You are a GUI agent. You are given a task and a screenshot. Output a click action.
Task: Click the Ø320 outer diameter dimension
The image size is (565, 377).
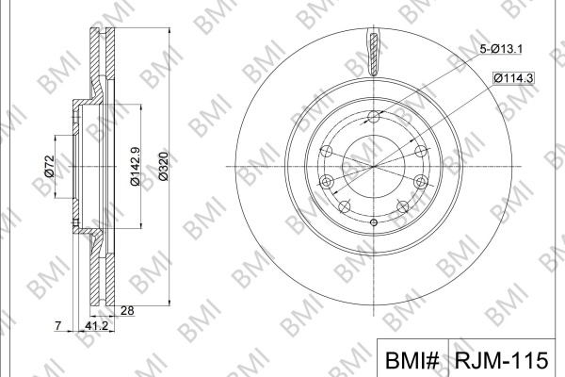coord(164,166)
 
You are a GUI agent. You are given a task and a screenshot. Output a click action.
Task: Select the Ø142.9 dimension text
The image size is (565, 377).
coord(135,166)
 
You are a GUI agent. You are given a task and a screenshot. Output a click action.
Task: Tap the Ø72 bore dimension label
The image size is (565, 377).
coord(49,166)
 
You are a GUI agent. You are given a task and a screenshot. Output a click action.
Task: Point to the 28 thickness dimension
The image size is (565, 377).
coord(127,311)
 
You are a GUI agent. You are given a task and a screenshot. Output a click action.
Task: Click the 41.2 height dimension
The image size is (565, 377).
coord(97,326)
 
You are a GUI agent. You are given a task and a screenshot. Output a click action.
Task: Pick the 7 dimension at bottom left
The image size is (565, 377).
coord(58,326)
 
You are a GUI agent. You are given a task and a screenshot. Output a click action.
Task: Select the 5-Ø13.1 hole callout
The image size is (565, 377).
coord(501,49)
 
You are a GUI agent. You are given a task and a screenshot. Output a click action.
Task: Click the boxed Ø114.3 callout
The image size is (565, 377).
coord(513,78)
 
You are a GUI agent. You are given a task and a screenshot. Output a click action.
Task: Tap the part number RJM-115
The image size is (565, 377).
coord(501,360)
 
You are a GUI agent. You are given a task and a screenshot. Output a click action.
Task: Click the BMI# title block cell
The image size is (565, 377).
coord(412,358)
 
